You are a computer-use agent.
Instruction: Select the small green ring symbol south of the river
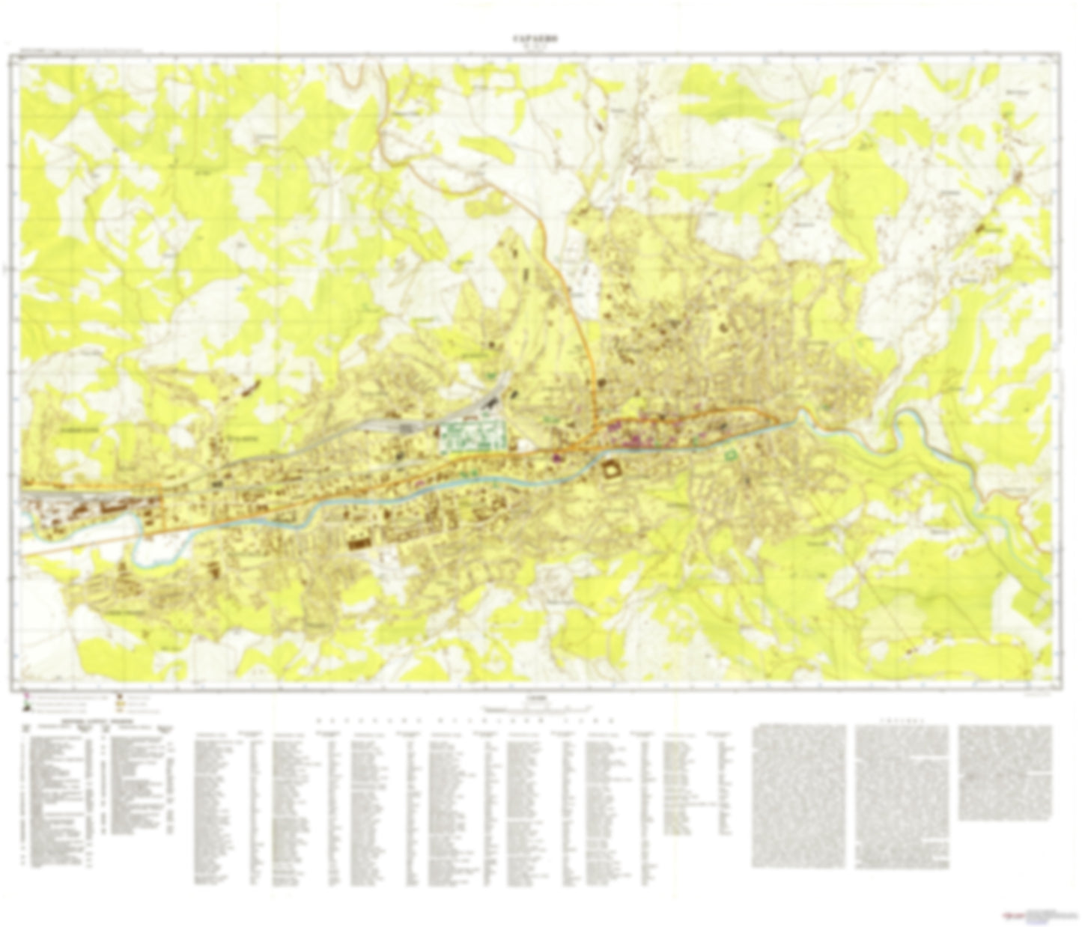pyautogui.click(x=731, y=454)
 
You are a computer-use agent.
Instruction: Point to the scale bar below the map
pyautogui.click(x=536, y=708)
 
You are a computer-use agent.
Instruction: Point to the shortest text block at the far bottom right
pyautogui.click(x=1004, y=771)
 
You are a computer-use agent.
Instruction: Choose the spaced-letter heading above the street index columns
pyautogui.click(x=464, y=720)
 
